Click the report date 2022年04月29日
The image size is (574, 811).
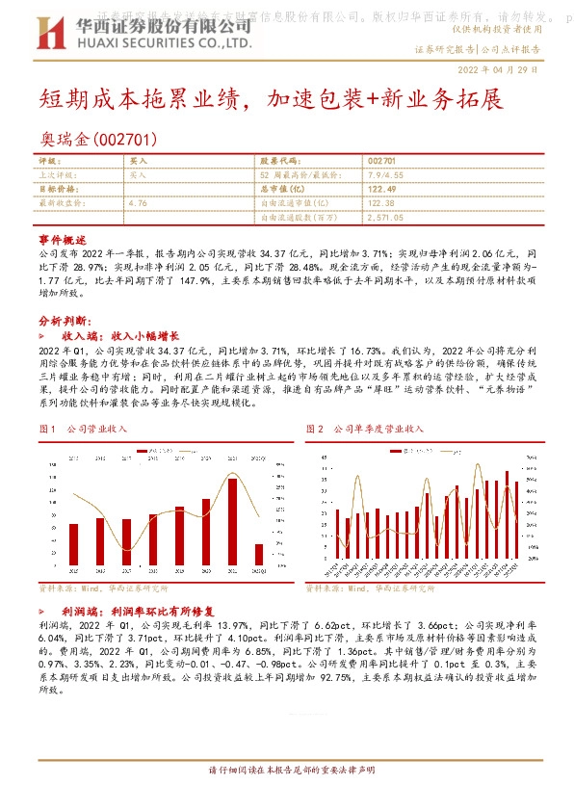(497, 70)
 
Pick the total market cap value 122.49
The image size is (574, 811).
(382, 190)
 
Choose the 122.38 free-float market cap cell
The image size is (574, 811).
(382, 203)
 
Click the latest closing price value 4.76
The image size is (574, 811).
(137, 203)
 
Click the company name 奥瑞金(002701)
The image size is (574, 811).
(96, 141)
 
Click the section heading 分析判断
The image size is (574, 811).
(64, 320)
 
